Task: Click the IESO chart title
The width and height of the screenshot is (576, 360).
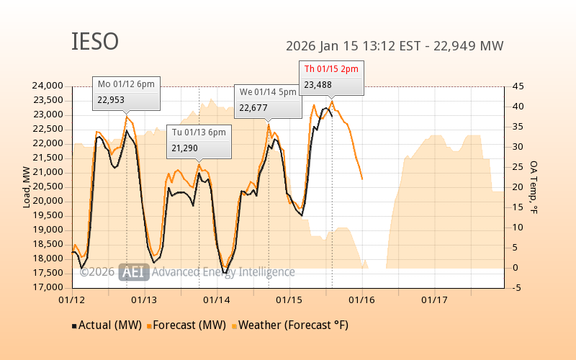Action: point(94,42)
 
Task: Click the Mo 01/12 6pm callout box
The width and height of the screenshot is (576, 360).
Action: point(126,92)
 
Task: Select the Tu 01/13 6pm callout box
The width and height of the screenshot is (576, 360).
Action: point(199,140)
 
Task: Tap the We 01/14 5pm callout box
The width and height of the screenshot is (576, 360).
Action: point(268,100)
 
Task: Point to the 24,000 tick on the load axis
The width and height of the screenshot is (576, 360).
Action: point(48,86)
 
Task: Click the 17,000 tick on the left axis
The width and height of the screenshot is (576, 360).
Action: point(48,287)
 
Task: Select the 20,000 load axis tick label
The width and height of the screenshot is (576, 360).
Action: point(48,201)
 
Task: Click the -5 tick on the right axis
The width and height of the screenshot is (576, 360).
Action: point(517,288)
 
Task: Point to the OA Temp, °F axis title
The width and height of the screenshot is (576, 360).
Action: point(534,187)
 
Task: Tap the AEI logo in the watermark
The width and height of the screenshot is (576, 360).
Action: point(134,272)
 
